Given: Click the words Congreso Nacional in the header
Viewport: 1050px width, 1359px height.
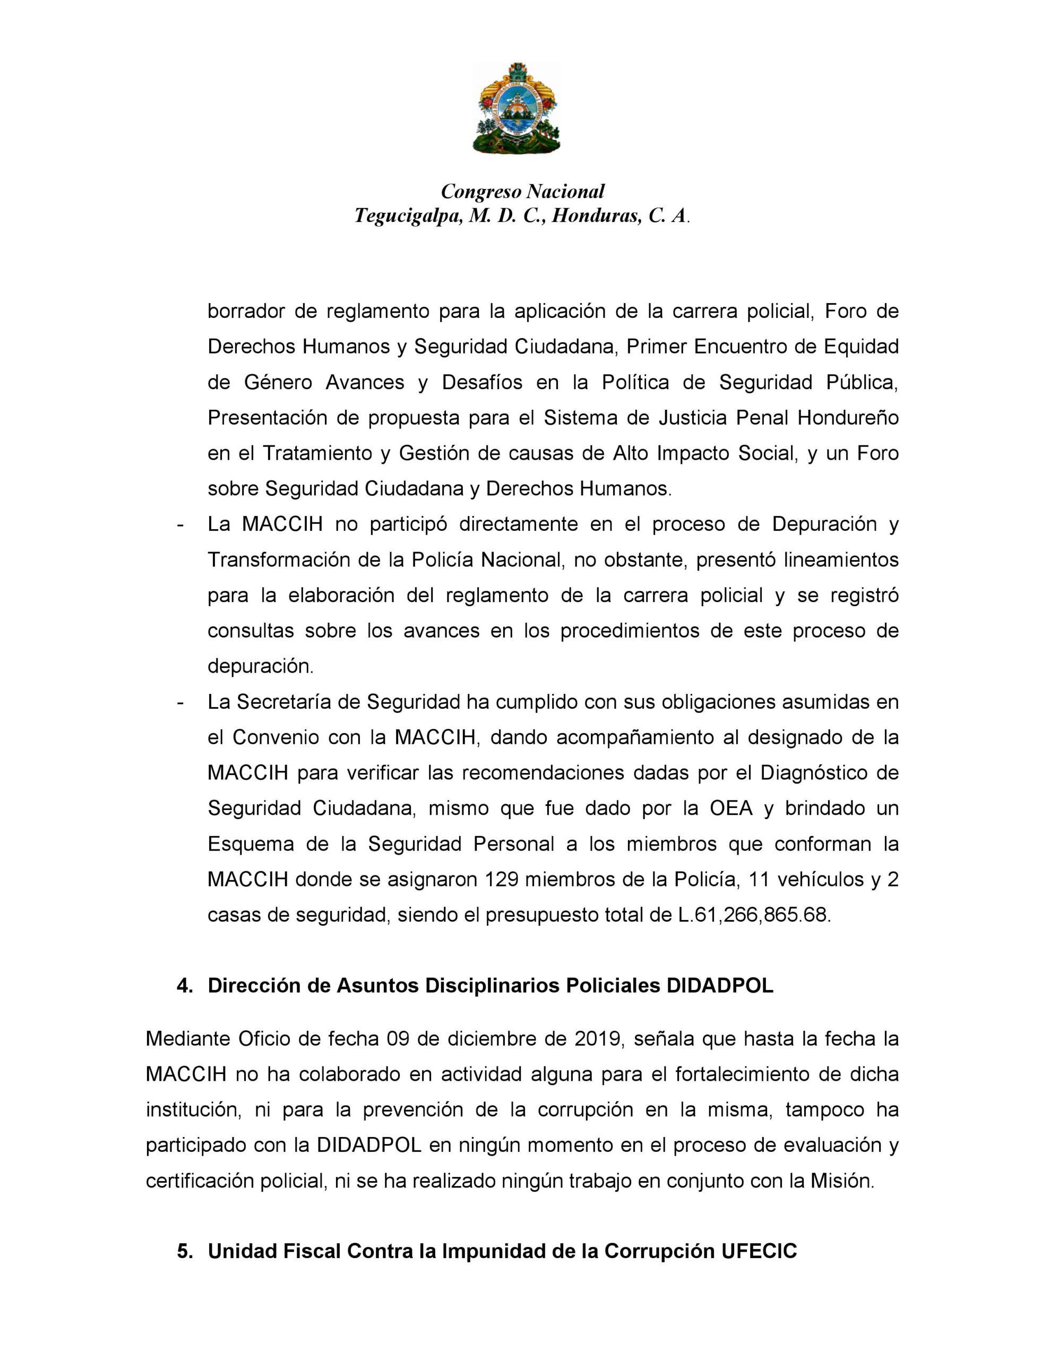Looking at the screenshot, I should (522, 191).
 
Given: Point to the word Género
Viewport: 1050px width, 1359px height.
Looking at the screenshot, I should (278, 382).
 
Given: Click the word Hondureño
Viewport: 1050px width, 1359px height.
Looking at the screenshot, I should (848, 418).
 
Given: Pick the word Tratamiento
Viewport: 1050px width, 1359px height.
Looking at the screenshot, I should (315, 453).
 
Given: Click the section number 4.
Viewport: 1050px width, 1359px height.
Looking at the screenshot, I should (184, 986).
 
